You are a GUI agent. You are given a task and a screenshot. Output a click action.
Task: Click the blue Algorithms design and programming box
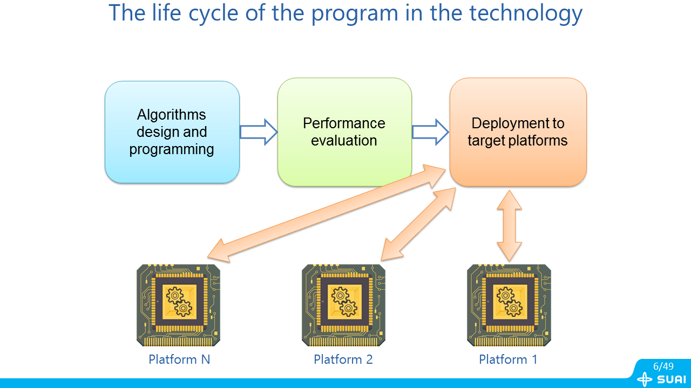[172, 132]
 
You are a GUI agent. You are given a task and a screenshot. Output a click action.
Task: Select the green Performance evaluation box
[344, 132]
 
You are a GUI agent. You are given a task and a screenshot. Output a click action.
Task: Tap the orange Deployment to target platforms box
[518, 132]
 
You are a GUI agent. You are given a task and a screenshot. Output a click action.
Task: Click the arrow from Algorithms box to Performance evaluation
[259, 132]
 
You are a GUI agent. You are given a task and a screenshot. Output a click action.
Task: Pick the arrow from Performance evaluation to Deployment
[431, 132]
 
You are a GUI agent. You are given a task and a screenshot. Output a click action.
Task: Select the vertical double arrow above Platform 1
[509, 225]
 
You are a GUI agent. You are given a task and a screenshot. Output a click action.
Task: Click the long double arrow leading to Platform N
[327, 213]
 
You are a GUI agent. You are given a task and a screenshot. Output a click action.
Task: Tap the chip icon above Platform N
[178, 305]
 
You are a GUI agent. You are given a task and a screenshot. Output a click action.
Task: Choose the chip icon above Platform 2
[343, 305]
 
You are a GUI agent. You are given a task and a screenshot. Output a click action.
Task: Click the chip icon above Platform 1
[509, 305]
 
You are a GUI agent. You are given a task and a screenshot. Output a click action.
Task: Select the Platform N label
[179, 359]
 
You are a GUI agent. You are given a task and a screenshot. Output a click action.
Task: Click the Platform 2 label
[343, 359]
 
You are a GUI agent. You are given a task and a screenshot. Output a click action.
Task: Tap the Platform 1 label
[508, 359]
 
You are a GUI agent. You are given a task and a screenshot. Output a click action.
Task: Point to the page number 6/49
[663, 366]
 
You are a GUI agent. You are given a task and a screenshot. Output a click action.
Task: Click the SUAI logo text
[672, 379]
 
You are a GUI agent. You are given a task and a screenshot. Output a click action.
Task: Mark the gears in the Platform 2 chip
[344, 302]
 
